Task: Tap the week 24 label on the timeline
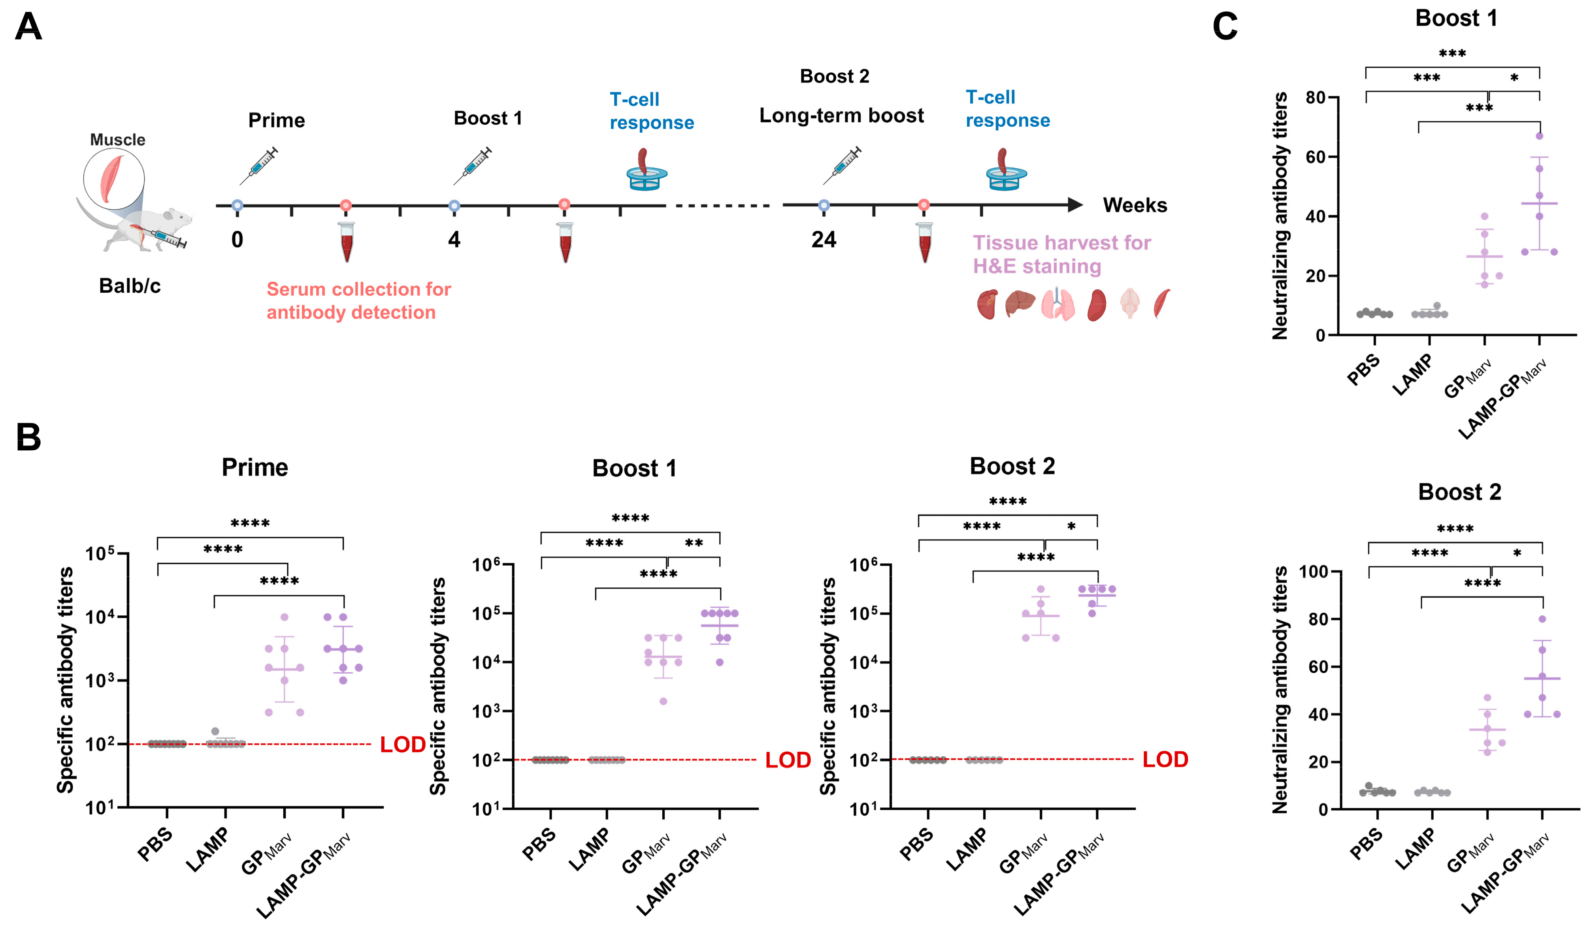824,240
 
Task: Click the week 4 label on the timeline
454,240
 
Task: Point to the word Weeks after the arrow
1135,205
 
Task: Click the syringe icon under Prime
258,165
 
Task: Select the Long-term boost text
841,116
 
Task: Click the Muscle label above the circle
117,139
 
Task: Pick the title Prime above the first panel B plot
255,468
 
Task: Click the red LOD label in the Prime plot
402,745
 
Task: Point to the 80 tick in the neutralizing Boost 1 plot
1315,98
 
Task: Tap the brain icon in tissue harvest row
1130,303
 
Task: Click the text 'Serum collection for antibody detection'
358,301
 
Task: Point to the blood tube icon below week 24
924,242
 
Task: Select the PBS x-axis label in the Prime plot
155,845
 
